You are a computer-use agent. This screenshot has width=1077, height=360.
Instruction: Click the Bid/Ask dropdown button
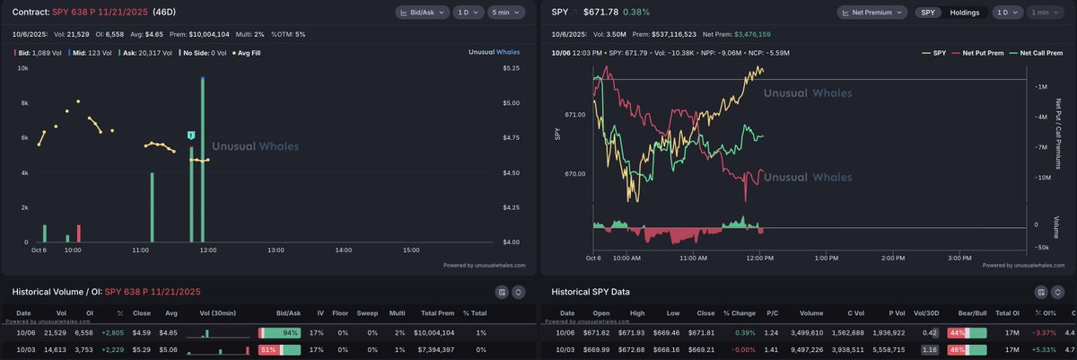pos(420,13)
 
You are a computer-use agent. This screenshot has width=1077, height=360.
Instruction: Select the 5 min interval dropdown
pos(508,13)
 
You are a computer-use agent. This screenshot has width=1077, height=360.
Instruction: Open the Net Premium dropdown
pos(871,13)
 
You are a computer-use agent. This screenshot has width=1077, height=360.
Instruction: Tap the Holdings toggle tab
pos(965,13)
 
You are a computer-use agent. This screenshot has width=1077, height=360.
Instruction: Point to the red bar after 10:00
pos(79,233)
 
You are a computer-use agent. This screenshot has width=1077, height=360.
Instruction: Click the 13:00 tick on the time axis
pos(276,250)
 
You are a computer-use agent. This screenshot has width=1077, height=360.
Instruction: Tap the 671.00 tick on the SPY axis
pos(574,115)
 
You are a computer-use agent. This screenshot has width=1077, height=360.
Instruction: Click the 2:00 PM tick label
pos(893,258)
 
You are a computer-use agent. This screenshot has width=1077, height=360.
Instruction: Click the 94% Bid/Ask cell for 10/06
pos(279,332)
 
